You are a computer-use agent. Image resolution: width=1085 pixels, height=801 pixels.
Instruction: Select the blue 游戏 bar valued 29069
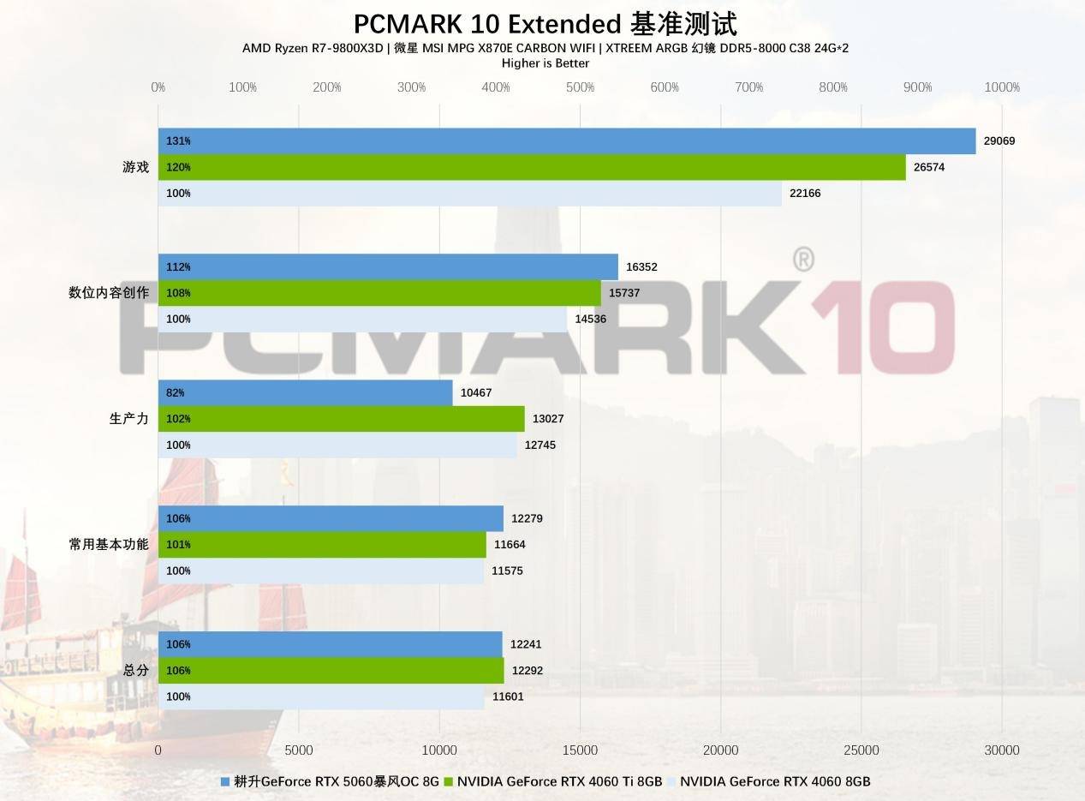point(566,141)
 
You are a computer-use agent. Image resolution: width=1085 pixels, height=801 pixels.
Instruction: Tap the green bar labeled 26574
point(531,167)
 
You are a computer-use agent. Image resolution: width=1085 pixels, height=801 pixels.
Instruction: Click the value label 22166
point(805,194)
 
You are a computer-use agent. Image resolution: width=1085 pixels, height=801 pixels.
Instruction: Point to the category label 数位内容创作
point(109,293)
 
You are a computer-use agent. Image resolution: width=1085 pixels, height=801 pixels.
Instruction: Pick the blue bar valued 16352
point(388,267)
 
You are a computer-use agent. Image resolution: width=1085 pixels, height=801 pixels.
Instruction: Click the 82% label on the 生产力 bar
point(175,393)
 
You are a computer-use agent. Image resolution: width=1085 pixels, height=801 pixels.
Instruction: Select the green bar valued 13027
point(341,419)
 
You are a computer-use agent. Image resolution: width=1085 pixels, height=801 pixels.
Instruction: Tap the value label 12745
point(540,445)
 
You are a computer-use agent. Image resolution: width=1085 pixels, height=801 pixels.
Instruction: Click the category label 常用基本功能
point(109,544)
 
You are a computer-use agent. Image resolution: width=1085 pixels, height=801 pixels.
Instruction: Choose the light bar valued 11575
point(321,571)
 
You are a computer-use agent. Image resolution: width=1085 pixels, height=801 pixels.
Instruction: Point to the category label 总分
point(136,670)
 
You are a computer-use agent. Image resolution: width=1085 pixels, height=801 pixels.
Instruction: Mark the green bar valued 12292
point(331,671)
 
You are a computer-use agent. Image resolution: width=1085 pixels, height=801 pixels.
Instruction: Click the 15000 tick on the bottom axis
point(580,750)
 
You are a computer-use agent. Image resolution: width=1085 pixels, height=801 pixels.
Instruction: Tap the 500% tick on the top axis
point(580,87)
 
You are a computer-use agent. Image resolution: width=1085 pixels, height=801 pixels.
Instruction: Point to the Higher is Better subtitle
point(545,63)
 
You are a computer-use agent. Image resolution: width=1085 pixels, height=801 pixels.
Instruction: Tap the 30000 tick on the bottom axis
point(1001,750)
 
